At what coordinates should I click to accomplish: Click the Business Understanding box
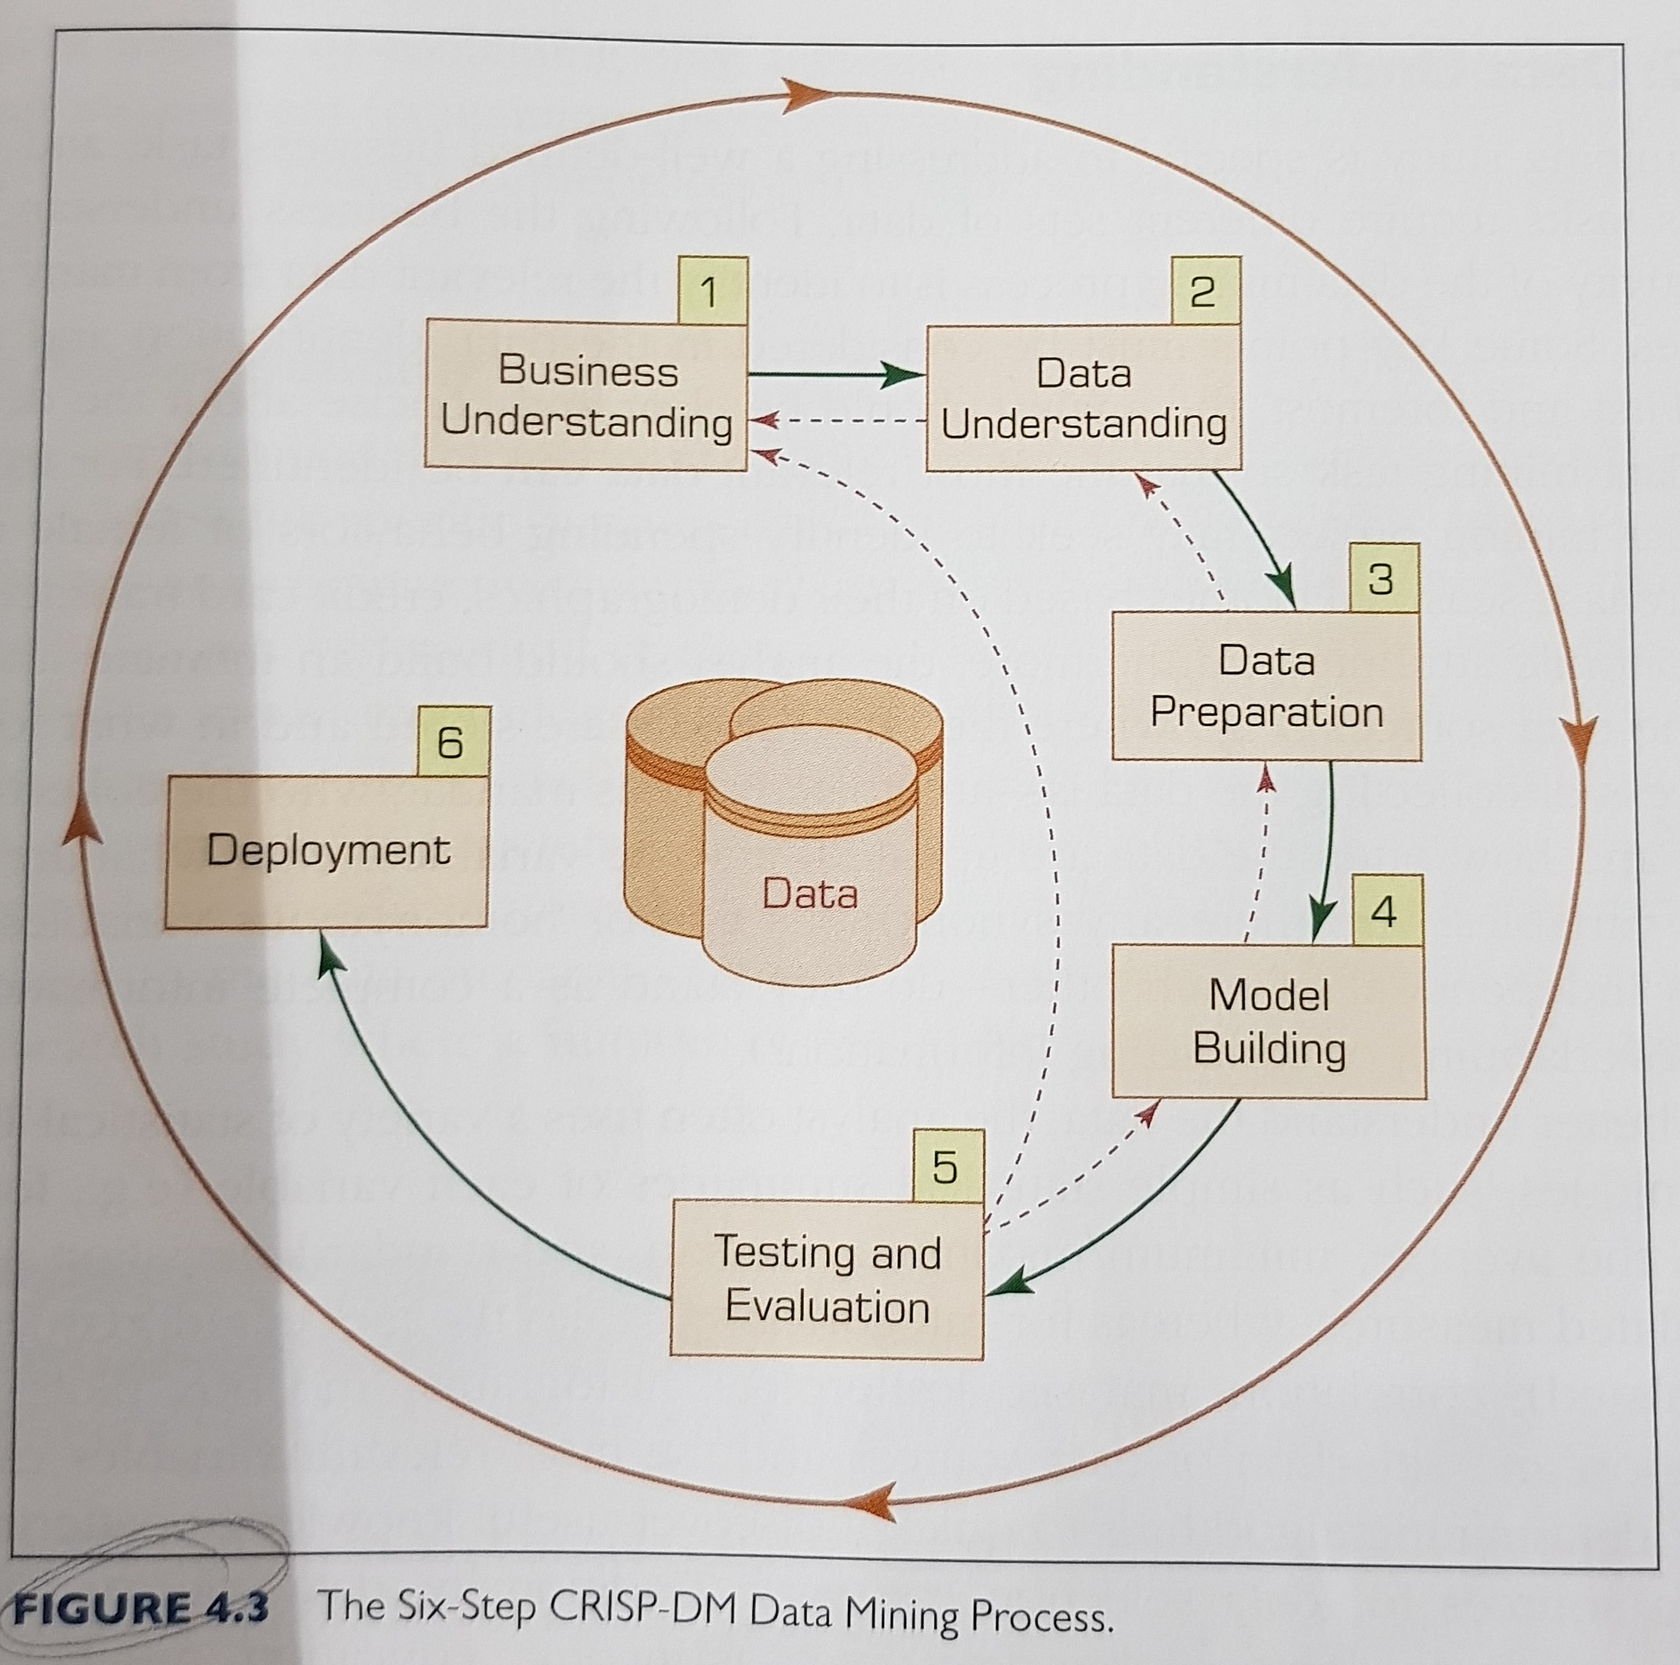585,396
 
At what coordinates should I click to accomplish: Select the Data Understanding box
1083,398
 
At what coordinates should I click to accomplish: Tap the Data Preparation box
1266,686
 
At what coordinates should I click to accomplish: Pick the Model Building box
1269,1022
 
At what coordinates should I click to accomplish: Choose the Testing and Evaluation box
826,1279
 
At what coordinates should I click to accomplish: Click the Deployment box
327,851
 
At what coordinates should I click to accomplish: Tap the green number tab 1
710,291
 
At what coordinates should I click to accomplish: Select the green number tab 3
1383,578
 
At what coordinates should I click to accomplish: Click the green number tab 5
946,1166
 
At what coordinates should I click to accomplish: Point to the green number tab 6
452,742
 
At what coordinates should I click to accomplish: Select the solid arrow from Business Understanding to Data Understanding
834,375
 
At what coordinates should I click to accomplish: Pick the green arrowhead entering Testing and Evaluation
1008,1285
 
